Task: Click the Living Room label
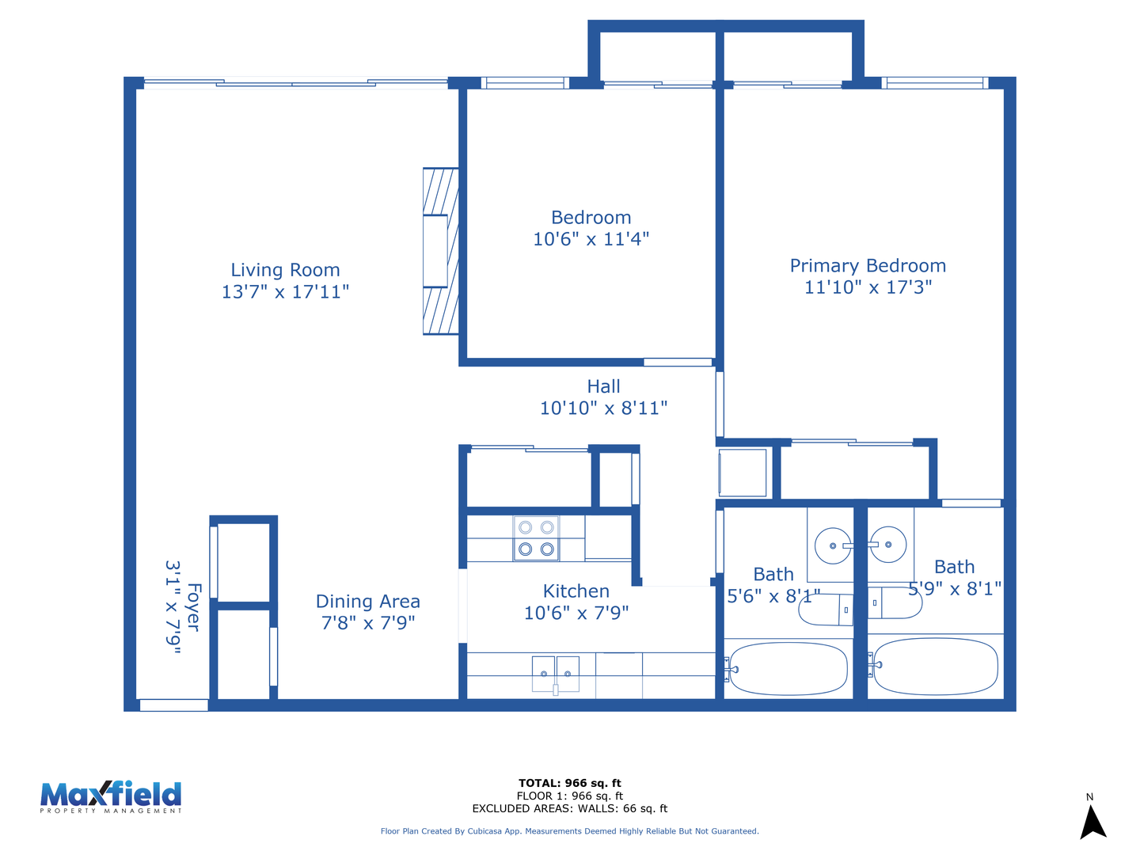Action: click(285, 270)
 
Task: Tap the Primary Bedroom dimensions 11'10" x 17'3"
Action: click(868, 287)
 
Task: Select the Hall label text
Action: click(603, 386)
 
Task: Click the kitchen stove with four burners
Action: click(536, 538)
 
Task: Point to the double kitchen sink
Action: click(555, 674)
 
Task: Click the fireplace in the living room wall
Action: click(440, 251)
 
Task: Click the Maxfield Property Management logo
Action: click(111, 797)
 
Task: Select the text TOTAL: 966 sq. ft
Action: click(570, 783)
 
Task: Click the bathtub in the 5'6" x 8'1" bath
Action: click(788, 669)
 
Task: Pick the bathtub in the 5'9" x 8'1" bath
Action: click(936, 667)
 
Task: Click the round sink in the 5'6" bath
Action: click(833, 545)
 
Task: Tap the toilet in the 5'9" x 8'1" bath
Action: click(895, 602)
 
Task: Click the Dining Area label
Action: click(367, 601)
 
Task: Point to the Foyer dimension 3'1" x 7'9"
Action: click(173, 607)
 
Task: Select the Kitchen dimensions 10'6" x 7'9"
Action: click(576, 613)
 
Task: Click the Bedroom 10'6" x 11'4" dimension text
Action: click(591, 239)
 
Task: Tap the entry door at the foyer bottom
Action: click(174, 705)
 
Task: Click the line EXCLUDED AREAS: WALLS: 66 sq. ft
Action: click(570, 808)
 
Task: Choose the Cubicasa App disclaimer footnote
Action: click(570, 831)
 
